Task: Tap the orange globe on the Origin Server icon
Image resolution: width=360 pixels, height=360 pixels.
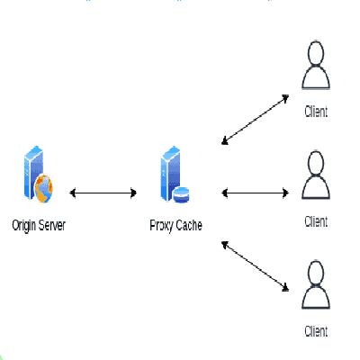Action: pyautogui.click(x=43, y=188)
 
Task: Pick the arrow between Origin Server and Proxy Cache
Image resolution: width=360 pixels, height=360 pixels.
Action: pyautogui.click(x=103, y=192)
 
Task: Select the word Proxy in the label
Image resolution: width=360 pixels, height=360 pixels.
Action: pyautogui.click(x=162, y=222)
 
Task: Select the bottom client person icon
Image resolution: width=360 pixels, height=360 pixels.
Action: pyautogui.click(x=315, y=286)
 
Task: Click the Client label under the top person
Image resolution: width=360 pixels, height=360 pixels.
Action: pyautogui.click(x=315, y=112)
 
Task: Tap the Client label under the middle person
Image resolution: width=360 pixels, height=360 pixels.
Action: pyautogui.click(x=315, y=220)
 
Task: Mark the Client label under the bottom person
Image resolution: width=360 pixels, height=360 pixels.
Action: pyautogui.click(x=315, y=331)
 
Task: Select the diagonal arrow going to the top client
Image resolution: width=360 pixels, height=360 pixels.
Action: pyautogui.click(x=256, y=118)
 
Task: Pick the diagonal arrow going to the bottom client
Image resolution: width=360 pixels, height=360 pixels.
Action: pyautogui.click(x=256, y=266)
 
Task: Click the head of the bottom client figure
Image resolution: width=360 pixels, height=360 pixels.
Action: pyautogui.click(x=315, y=273)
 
